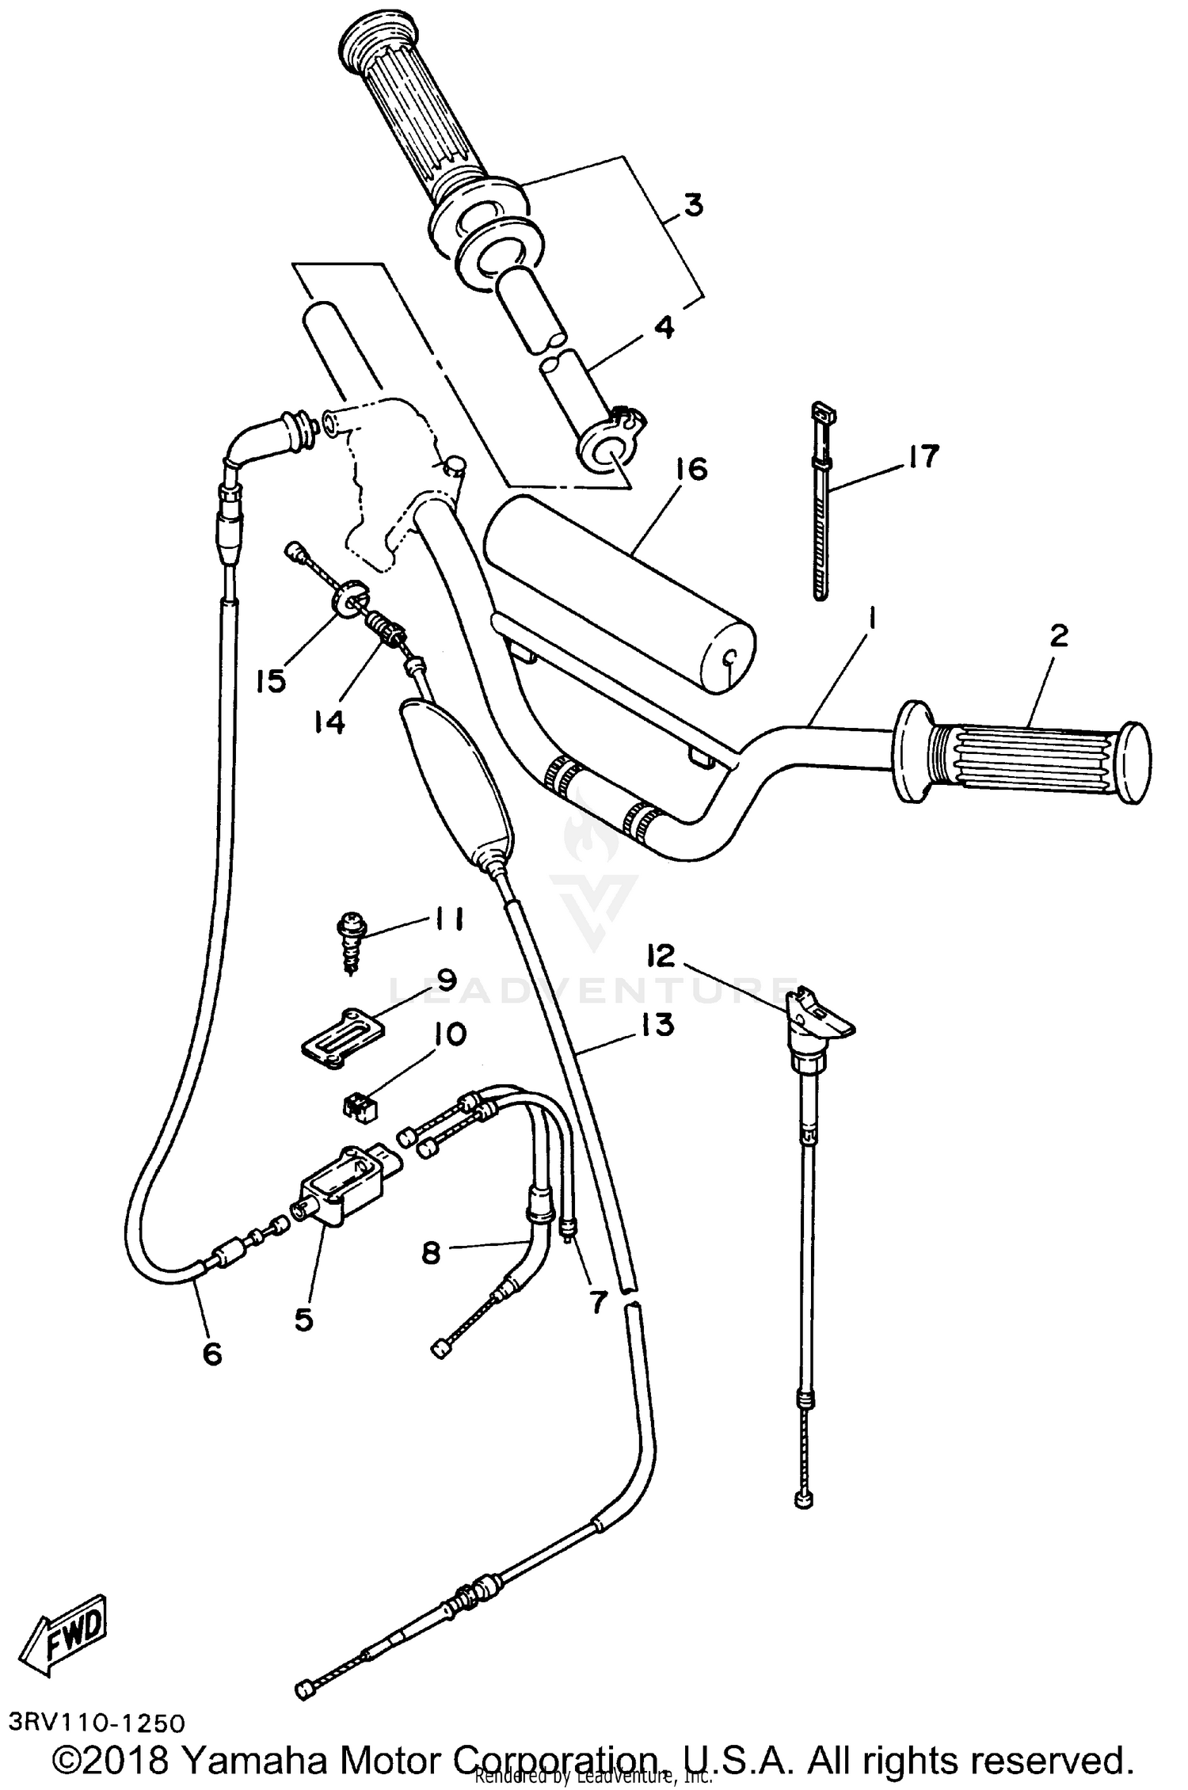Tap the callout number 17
tap(923, 457)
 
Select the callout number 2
tap(1059, 636)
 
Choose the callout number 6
tap(211, 1354)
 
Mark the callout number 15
tap(271, 680)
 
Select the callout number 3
tap(692, 206)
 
